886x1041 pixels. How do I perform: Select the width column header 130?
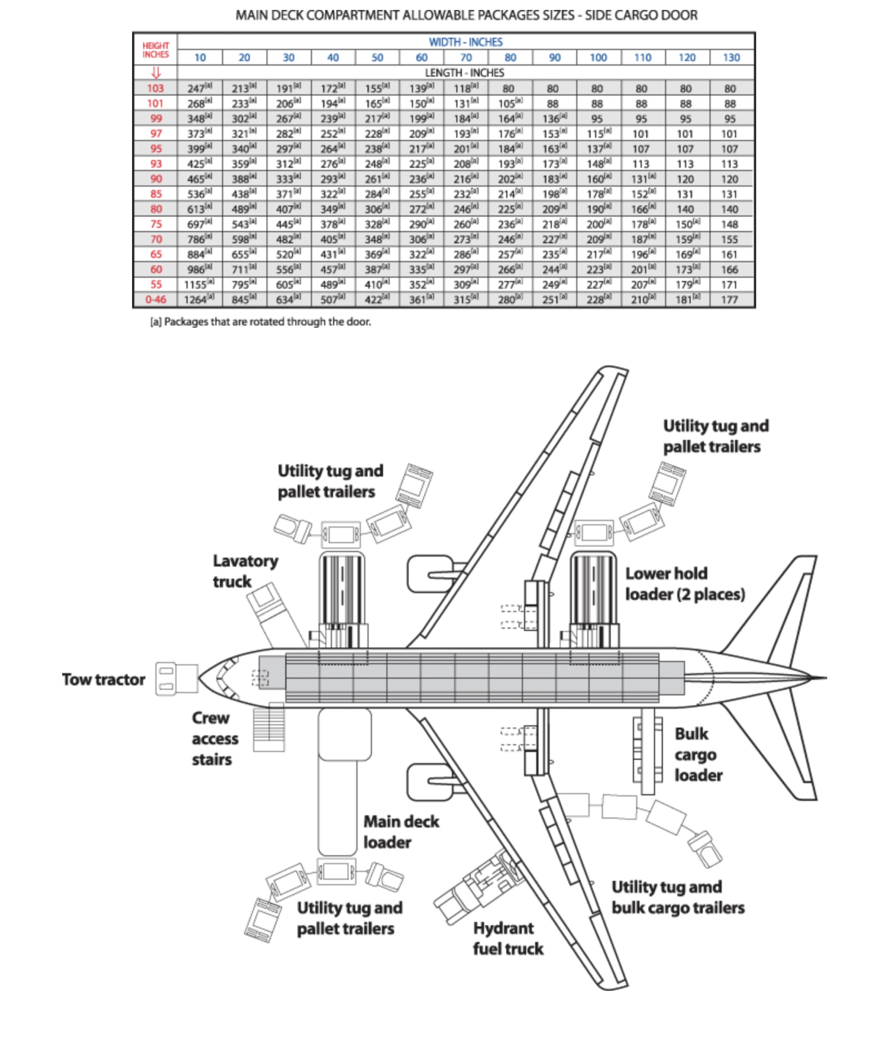tap(731, 57)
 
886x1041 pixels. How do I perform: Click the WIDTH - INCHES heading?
tap(465, 42)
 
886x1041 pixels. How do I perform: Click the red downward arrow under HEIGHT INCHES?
tap(156, 73)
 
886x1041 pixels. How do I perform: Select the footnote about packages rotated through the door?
tap(260, 322)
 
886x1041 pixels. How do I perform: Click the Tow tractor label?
tap(103, 679)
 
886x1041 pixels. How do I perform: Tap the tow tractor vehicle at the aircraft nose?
tap(176, 679)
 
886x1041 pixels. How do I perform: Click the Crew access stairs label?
tap(215, 738)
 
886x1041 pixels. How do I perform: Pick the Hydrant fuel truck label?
tap(507, 938)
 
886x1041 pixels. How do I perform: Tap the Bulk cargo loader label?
tap(698, 754)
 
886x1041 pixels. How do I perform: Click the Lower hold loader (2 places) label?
tap(685, 584)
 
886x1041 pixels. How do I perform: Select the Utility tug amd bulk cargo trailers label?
tap(678, 897)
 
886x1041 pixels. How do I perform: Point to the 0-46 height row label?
tap(156, 300)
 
